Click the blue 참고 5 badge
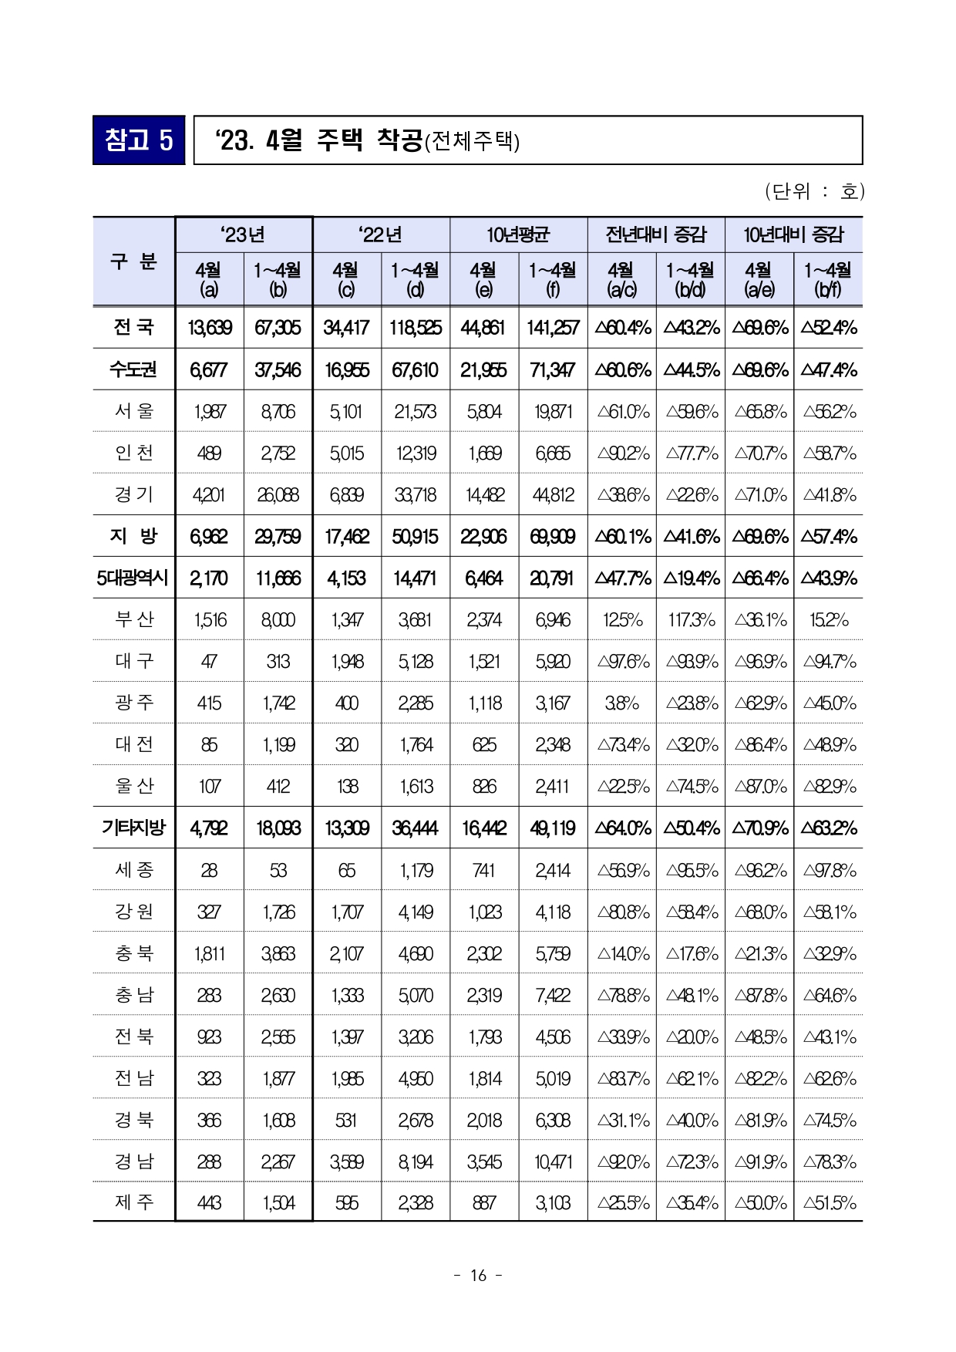(x=139, y=140)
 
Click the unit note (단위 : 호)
(x=814, y=191)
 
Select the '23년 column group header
(x=244, y=234)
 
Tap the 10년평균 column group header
(x=518, y=234)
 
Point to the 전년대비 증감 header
(x=655, y=234)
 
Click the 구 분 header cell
(x=134, y=261)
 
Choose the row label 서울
(x=134, y=411)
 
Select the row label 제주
(x=134, y=1202)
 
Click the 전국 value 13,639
(x=209, y=328)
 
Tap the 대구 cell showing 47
(x=209, y=662)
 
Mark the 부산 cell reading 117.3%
(x=691, y=620)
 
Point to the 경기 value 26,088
(x=278, y=495)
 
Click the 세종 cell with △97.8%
(x=829, y=871)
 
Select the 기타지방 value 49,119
(x=553, y=828)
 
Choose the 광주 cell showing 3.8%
(x=622, y=703)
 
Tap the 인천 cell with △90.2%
(x=622, y=453)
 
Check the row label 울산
(x=134, y=786)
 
